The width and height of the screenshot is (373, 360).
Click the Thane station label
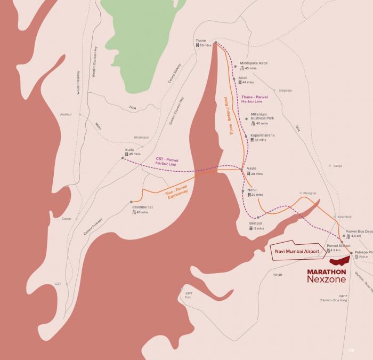[201, 41]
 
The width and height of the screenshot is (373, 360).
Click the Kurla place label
[129, 150]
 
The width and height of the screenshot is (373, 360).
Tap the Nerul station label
[252, 190]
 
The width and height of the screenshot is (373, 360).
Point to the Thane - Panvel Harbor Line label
[255, 99]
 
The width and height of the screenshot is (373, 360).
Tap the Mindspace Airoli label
[254, 63]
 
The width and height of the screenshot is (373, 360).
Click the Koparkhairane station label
[262, 135]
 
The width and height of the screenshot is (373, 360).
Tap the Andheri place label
[66, 114]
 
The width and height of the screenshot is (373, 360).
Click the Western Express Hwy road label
[94, 62]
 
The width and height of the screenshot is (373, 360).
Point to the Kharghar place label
[310, 193]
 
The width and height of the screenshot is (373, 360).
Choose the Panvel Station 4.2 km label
[335, 246]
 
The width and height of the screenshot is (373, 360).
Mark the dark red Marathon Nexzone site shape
[339, 261]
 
